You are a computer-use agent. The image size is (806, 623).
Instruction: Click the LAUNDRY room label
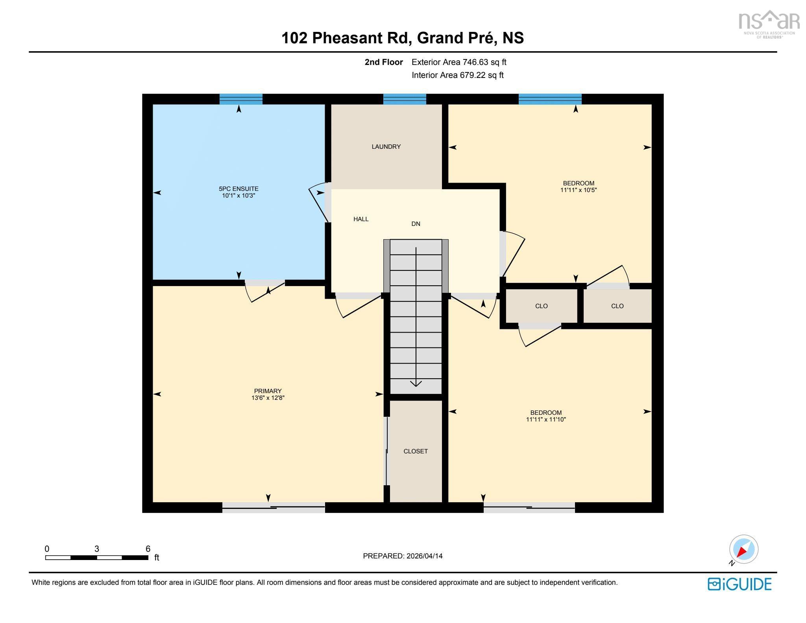(x=386, y=146)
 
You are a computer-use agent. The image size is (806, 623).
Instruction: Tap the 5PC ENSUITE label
(x=238, y=189)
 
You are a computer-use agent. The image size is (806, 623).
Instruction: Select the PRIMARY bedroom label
(x=268, y=391)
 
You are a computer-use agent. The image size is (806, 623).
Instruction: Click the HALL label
(x=361, y=219)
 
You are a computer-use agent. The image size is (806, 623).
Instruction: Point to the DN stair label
(x=416, y=224)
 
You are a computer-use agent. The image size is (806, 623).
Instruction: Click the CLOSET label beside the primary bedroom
(x=415, y=451)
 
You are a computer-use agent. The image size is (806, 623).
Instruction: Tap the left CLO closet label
(x=541, y=306)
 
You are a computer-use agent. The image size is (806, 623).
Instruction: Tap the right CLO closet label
(x=617, y=306)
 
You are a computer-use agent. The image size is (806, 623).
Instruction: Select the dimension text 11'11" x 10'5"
(x=578, y=190)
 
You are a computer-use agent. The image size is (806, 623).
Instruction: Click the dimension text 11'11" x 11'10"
(x=545, y=420)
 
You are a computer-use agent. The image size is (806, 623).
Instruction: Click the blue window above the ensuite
(x=241, y=99)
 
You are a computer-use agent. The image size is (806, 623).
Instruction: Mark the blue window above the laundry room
(x=405, y=99)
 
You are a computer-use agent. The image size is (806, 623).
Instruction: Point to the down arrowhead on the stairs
(x=416, y=383)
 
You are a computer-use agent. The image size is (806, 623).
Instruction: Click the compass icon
(x=743, y=549)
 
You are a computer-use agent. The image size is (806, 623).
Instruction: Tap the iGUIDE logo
(x=739, y=584)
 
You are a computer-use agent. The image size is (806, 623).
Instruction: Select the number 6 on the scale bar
(x=148, y=549)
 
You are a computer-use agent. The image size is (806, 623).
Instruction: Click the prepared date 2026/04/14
(x=424, y=556)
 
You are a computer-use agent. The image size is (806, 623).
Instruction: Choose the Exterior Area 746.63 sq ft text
(x=458, y=62)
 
